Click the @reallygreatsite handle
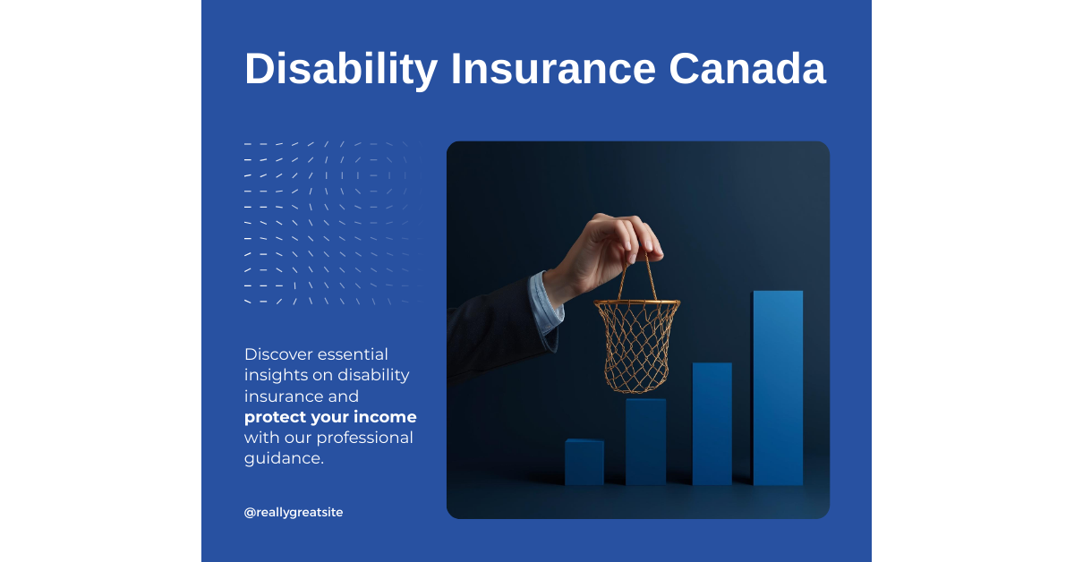point(294,512)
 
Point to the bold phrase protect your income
point(330,417)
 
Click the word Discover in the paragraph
point(278,354)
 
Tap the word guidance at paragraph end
point(282,458)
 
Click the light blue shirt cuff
point(545,303)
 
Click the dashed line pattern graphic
point(325,222)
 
